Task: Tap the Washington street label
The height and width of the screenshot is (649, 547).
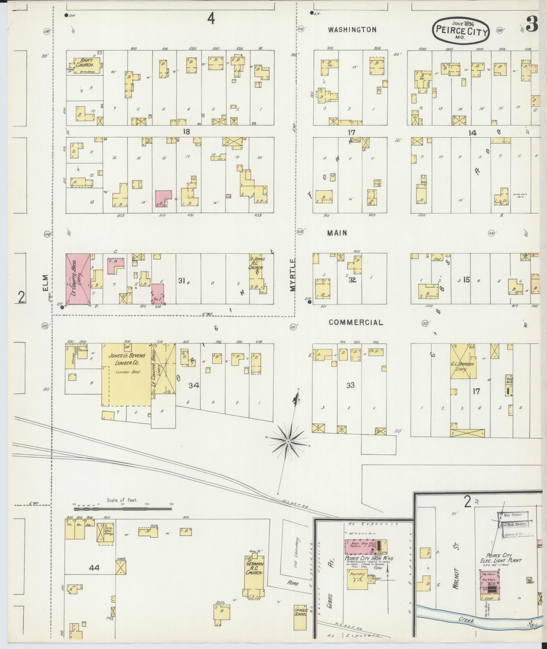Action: point(352,30)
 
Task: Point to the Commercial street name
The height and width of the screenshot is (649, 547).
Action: point(356,323)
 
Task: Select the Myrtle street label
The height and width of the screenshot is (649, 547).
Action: point(293,274)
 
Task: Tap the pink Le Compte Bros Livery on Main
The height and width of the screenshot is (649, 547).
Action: point(78,279)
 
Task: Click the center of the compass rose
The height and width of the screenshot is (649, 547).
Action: point(288,441)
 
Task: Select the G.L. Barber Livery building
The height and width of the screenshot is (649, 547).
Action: point(463,362)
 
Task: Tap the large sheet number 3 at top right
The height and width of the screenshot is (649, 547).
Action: point(532,25)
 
